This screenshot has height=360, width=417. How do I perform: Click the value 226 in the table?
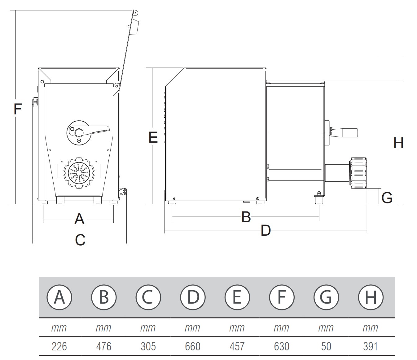59,346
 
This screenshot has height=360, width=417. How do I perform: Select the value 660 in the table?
192,346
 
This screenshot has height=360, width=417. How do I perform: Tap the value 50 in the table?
326,346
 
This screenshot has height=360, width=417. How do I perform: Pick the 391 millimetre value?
370,346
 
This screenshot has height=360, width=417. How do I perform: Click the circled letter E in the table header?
237,297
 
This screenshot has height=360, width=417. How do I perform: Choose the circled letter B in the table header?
104,297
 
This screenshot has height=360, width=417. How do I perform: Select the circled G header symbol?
326,297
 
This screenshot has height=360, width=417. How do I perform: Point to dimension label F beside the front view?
18,109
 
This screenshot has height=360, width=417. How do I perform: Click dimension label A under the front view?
79,219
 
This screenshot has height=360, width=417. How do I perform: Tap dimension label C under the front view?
80,240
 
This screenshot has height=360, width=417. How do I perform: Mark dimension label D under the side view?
266,231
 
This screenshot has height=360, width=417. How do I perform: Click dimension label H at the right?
398,143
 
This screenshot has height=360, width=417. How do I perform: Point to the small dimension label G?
387,198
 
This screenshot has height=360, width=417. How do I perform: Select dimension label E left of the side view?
153,137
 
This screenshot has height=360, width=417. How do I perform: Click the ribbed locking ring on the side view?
359,173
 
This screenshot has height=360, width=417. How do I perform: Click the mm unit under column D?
192,328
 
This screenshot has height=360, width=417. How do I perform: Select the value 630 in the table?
281,346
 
